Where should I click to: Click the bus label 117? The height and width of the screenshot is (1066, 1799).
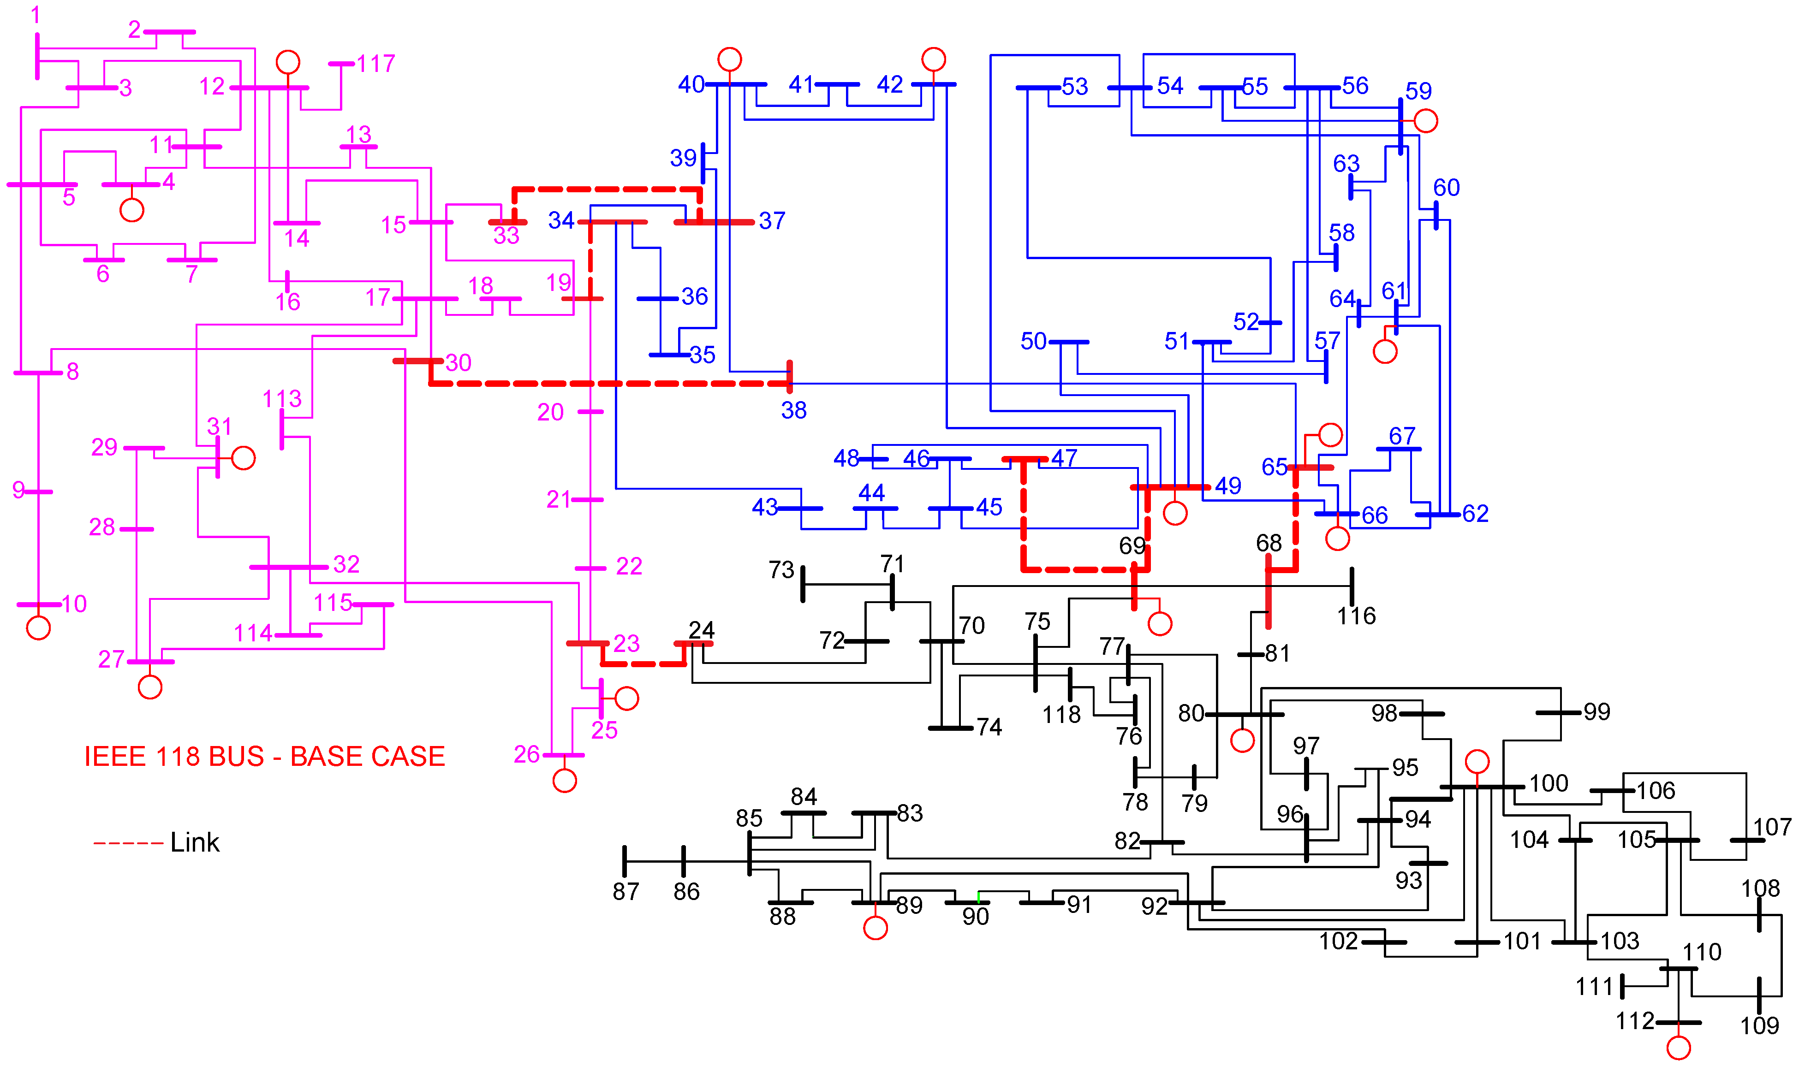pyautogui.click(x=376, y=64)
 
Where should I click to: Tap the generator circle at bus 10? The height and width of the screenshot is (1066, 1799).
pyautogui.click(x=38, y=628)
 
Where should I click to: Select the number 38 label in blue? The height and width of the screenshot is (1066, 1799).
pyautogui.click(x=794, y=410)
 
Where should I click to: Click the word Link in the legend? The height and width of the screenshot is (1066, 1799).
pyautogui.click(x=195, y=842)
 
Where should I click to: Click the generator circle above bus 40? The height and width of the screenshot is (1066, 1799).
pyautogui.click(x=729, y=59)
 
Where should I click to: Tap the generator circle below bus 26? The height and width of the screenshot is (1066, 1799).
pyautogui.click(x=565, y=781)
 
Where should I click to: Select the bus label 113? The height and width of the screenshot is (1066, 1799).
pyautogui.click(x=282, y=399)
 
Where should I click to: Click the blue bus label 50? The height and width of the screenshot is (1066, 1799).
pyautogui.click(x=1033, y=341)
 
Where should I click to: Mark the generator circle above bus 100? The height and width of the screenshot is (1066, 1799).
pyautogui.click(x=1477, y=761)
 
